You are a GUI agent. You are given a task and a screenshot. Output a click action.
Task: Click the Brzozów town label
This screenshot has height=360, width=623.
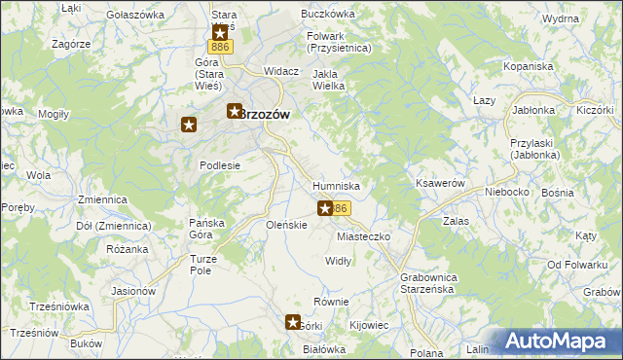click(x=267, y=113)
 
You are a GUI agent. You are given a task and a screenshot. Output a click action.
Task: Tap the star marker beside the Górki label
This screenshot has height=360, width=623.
click(x=294, y=322)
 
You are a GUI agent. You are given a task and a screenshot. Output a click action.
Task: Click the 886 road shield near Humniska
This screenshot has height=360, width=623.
click(x=339, y=208)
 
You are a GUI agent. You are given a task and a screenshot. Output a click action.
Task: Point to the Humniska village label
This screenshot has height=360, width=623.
click(x=337, y=185)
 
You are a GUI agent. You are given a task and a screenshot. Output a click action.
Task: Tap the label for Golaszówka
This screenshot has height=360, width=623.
click(x=135, y=16)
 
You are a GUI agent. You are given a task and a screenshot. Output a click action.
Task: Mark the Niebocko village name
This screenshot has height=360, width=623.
click(x=507, y=192)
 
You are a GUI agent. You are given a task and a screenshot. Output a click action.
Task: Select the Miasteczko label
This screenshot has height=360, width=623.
click(x=363, y=236)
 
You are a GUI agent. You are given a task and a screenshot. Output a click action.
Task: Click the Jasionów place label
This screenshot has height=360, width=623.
click(x=134, y=291)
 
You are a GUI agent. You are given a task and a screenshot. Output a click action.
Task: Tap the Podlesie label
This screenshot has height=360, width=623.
click(x=220, y=165)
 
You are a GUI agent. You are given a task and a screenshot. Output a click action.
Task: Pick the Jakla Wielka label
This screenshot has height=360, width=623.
click(x=329, y=80)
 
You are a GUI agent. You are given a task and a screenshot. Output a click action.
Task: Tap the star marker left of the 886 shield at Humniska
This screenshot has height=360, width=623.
click(x=325, y=208)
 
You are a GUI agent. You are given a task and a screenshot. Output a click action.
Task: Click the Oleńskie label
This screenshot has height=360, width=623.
click(x=287, y=225)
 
